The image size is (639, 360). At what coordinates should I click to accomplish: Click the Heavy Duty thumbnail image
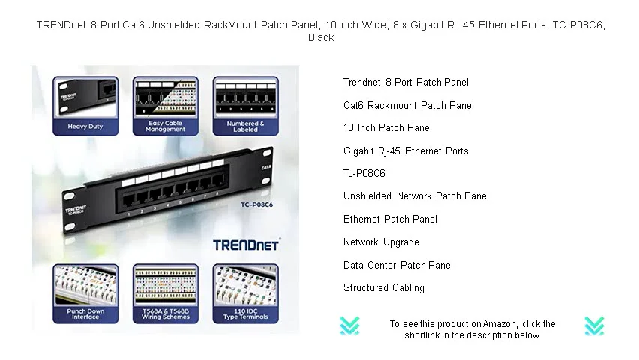85,105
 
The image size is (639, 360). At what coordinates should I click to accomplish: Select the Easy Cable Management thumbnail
165,105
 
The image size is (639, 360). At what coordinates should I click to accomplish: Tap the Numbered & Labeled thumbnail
245,105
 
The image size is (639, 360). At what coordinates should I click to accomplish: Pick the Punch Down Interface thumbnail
85,292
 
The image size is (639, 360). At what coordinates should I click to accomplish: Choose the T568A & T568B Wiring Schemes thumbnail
165,292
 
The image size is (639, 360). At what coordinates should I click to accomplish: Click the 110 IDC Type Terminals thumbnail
245,292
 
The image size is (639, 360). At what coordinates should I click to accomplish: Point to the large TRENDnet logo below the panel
246,244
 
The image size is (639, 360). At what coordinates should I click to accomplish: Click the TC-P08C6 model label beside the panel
256,204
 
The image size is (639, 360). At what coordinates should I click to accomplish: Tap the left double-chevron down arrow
349,325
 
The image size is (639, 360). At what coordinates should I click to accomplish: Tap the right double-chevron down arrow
594,325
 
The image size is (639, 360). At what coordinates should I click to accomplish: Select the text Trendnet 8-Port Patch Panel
406,82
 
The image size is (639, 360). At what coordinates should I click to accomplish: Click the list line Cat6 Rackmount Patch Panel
409,105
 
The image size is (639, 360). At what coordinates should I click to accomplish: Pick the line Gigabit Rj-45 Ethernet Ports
406,151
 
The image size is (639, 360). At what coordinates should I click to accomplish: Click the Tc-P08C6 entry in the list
364,173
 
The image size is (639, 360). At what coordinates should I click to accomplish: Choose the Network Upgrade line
381,242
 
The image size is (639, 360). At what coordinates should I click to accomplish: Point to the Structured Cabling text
384,288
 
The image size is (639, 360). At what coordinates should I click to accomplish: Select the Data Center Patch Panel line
398,265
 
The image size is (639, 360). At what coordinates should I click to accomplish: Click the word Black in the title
321,37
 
